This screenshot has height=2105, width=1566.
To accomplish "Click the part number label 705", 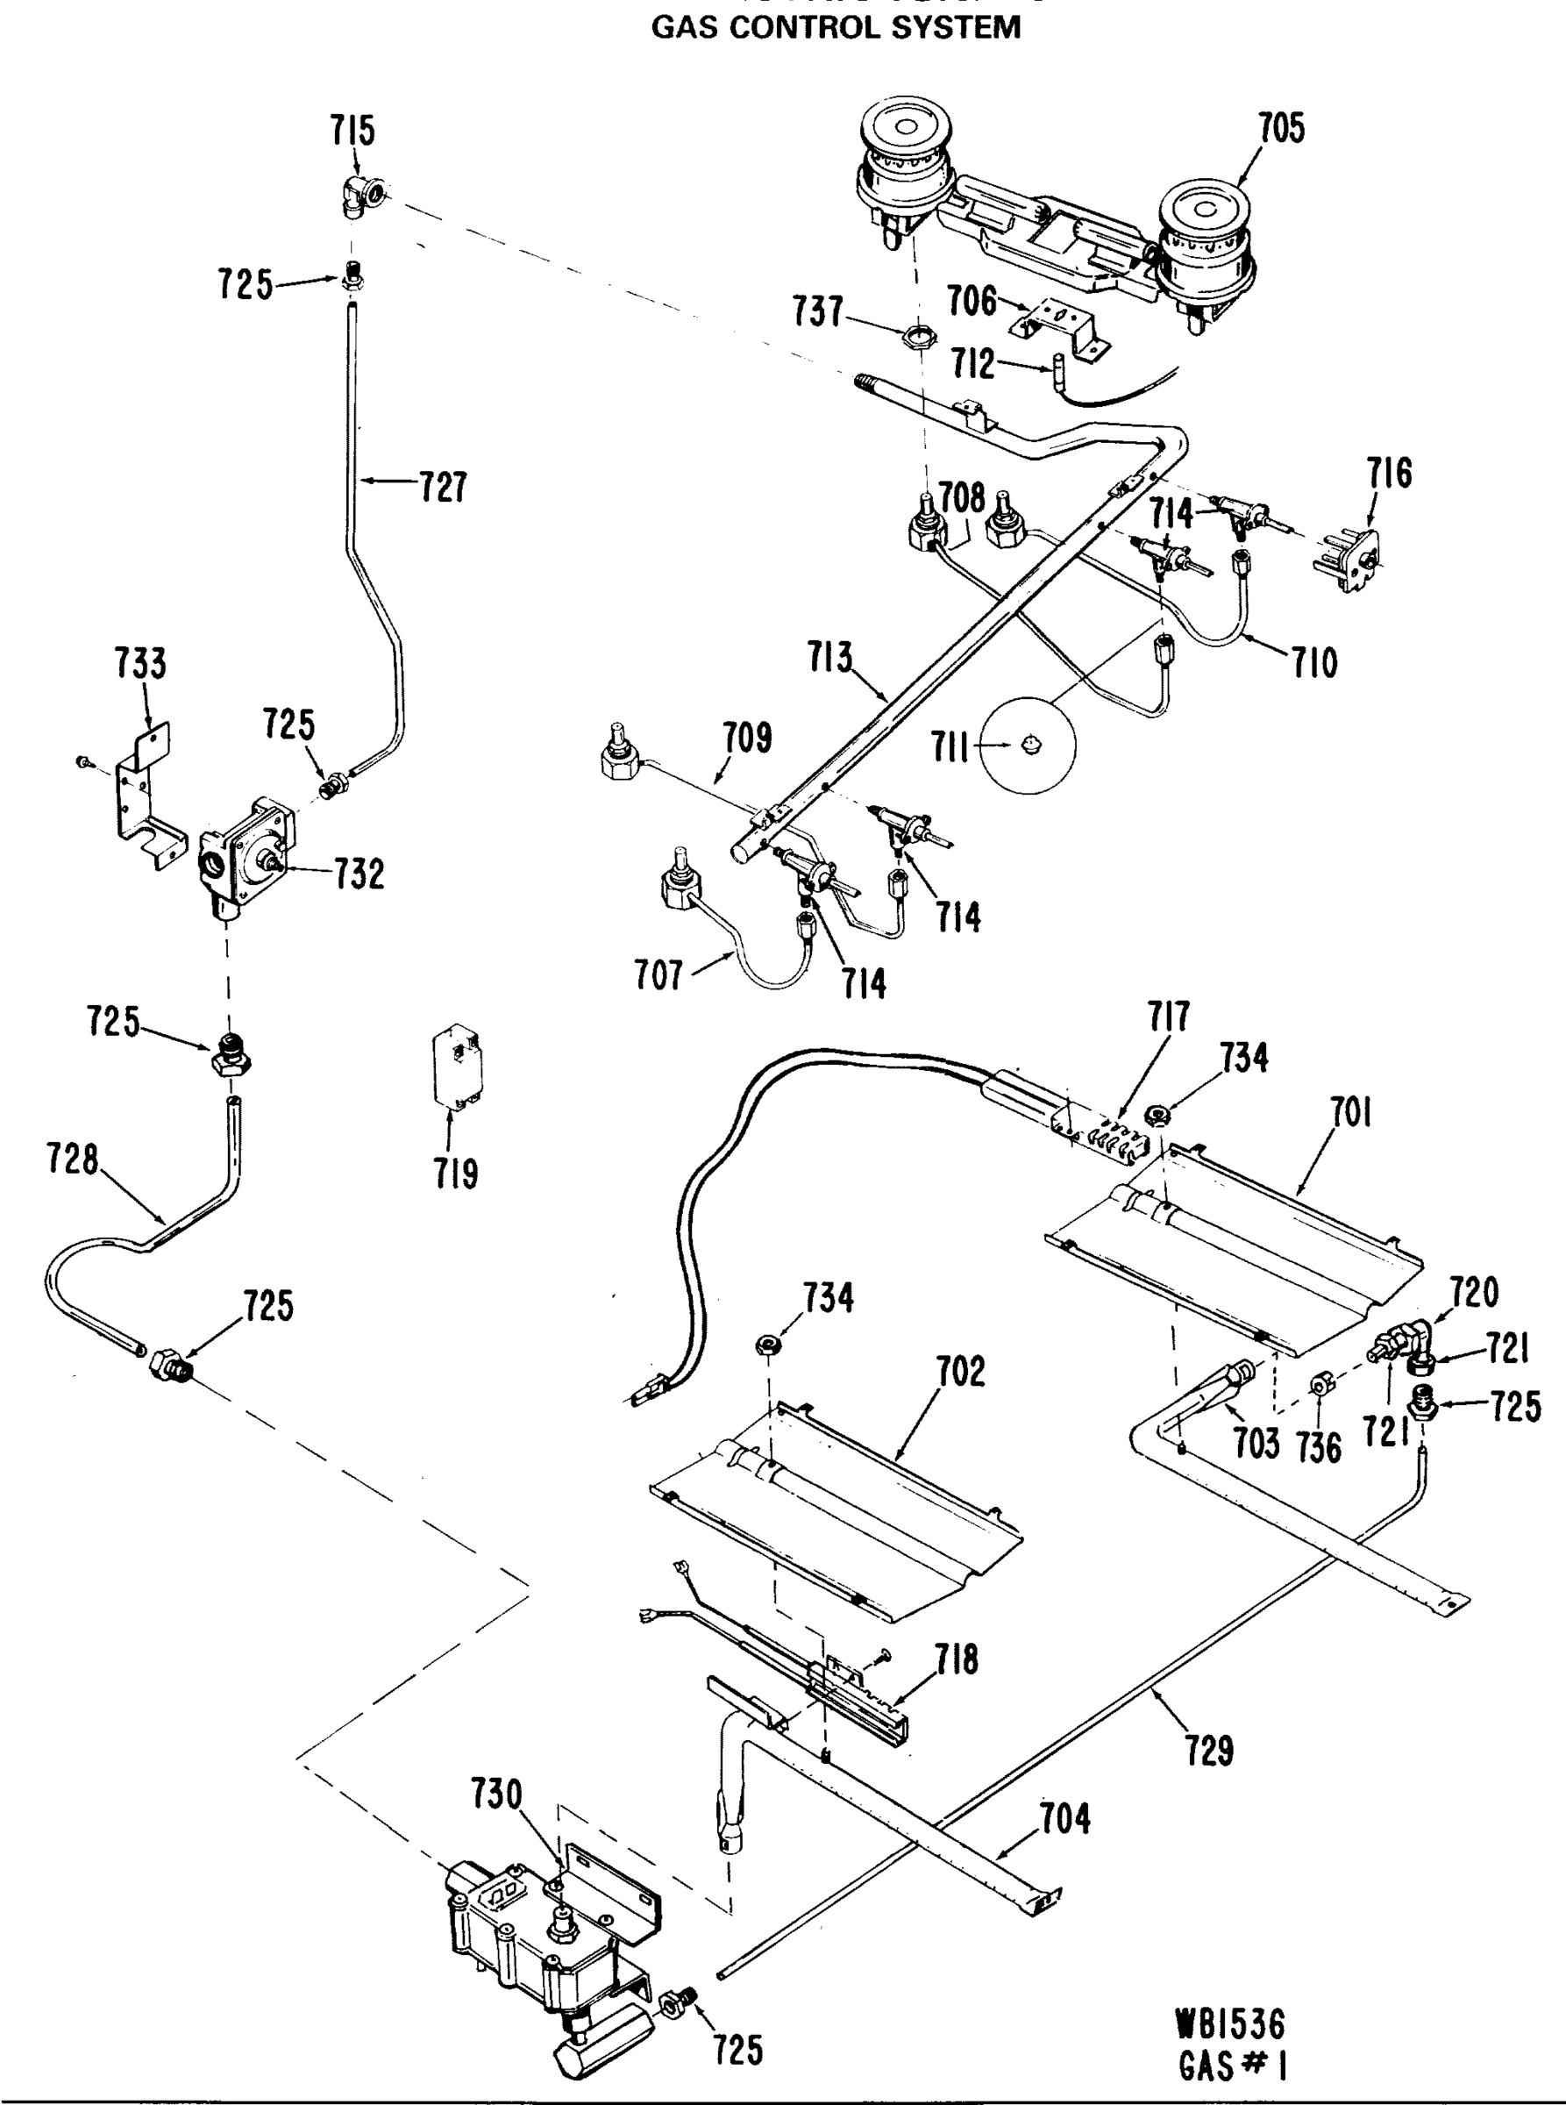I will click(x=1281, y=129).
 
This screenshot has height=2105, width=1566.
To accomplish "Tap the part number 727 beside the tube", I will click(x=443, y=488).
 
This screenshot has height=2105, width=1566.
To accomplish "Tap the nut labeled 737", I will click(x=913, y=335).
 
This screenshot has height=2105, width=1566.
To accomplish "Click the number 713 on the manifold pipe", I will click(x=830, y=657).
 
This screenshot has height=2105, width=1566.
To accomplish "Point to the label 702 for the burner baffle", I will click(x=960, y=1372).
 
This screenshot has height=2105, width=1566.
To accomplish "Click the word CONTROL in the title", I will click(x=830, y=27).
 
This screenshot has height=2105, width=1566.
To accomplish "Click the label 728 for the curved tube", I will click(x=73, y=1159).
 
